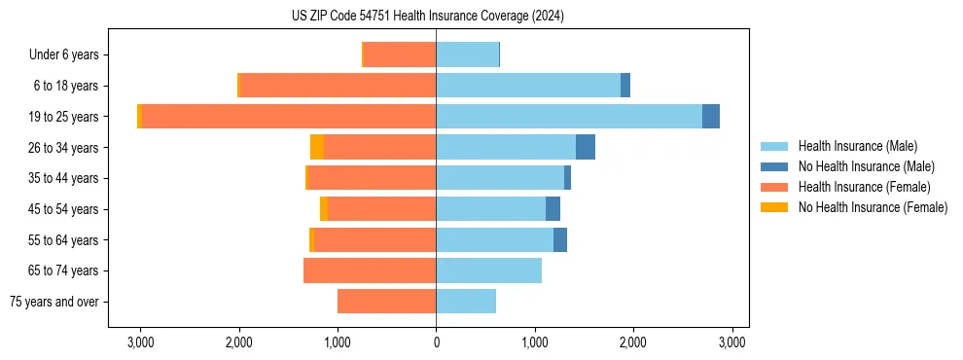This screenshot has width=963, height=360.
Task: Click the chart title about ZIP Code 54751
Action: click(x=427, y=17)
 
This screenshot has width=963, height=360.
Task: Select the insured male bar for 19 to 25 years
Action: click(x=569, y=116)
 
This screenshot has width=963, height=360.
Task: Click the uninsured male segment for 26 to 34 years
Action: click(x=586, y=147)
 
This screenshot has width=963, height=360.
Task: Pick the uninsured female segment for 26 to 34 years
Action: click(x=317, y=147)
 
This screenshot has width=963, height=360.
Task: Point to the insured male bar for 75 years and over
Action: click(x=466, y=302)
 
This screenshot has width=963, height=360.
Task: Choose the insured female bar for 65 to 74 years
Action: click(x=370, y=270)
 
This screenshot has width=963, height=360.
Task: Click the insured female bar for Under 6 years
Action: click(x=400, y=54)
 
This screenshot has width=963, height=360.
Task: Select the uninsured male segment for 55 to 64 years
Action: click(x=560, y=239)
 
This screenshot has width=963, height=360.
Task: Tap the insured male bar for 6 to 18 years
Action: click(x=528, y=86)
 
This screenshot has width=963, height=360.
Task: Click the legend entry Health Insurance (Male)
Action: click(x=857, y=146)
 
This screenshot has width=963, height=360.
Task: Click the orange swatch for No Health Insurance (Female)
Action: click(x=774, y=207)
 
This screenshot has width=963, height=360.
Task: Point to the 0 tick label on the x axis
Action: click(x=436, y=342)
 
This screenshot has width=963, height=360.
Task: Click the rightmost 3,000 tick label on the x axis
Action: click(x=731, y=342)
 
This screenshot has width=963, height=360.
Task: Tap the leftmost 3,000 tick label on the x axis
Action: click(x=140, y=342)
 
